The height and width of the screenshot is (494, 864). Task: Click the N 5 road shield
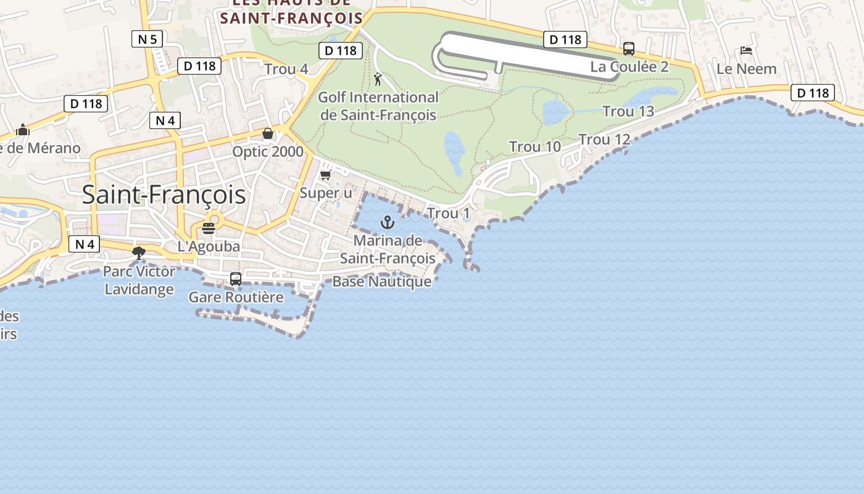147,40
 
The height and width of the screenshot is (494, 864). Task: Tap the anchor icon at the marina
388,222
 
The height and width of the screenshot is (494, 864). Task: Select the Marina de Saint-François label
388,249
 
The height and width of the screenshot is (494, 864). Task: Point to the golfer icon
378,79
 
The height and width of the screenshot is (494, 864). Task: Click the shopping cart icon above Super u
326,175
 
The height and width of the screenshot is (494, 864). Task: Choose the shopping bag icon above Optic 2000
268,133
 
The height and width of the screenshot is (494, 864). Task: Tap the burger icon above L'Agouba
209,228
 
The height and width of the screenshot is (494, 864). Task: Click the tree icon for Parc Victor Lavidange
139,253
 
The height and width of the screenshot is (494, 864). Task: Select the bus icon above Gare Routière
236,278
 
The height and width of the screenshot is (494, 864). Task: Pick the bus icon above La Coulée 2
629,48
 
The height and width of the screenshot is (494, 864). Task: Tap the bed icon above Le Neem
746,51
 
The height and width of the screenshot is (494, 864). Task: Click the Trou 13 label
628,112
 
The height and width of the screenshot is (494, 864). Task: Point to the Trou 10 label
534,147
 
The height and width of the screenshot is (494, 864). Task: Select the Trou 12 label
604,140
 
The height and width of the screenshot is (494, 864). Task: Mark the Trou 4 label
286,69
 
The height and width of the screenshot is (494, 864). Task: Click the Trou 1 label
448,214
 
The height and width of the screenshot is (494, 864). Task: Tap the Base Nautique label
381,282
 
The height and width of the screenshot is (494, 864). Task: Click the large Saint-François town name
164,195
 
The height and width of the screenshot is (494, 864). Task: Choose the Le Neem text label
746,69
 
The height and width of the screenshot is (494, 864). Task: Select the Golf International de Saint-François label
378,106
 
